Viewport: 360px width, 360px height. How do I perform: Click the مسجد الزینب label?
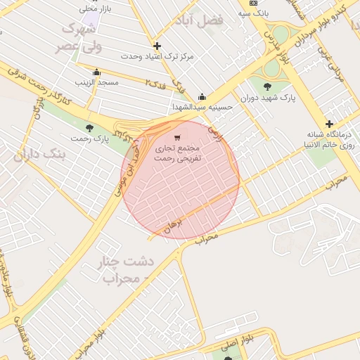96,82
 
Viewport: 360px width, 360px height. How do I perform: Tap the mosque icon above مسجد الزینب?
96,72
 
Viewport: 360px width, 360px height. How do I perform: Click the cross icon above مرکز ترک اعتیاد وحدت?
157,46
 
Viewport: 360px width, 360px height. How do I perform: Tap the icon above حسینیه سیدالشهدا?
202,97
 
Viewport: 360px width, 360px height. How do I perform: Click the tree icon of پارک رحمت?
89,127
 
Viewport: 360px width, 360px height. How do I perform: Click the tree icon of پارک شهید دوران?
266,86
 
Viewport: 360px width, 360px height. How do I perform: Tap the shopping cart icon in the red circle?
177,137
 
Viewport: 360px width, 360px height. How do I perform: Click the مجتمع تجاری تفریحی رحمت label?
178,154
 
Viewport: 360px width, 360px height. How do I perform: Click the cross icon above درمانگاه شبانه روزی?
328,124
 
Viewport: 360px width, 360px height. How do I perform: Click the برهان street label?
172,226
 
